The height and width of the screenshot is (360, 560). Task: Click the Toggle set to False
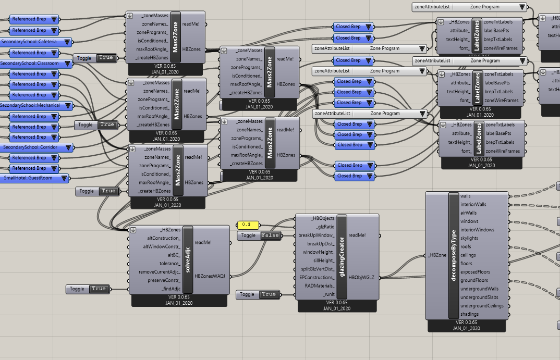point(259,235)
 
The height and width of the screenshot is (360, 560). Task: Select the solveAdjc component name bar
point(188,260)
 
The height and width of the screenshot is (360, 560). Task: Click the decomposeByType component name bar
point(454,255)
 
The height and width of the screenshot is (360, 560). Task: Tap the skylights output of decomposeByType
point(470,238)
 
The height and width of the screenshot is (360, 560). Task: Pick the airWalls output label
point(469,213)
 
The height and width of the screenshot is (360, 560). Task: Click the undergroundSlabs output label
point(479,297)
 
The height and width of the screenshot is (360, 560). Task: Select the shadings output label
point(470,314)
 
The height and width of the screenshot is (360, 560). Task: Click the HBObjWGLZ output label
point(361,278)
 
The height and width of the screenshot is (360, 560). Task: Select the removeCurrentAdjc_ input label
point(160,272)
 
